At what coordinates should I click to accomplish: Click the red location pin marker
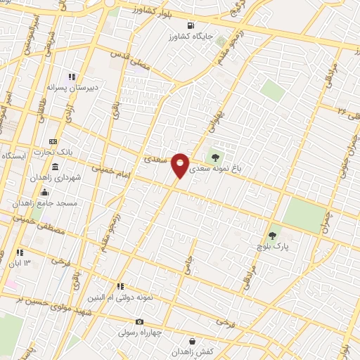(x=180, y=165)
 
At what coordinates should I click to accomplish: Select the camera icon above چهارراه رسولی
(x=140, y=321)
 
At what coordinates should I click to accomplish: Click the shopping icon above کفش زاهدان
(x=192, y=342)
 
